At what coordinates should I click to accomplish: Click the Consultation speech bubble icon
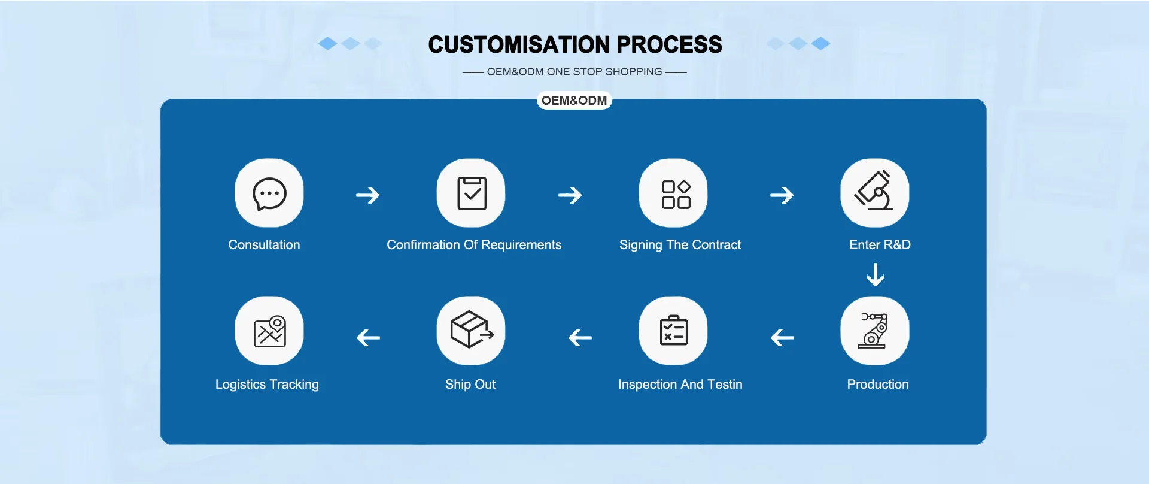(x=269, y=193)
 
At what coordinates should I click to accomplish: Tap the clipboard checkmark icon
(x=472, y=193)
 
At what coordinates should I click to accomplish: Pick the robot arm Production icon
(x=875, y=331)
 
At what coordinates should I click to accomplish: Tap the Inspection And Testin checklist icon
(x=674, y=331)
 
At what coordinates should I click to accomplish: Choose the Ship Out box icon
(x=472, y=331)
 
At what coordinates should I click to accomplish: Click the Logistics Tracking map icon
(x=269, y=331)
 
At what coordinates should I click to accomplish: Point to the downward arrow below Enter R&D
(x=876, y=275)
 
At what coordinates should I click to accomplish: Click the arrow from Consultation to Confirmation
(x=368, y=195)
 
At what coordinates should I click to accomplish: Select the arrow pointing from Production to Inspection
(x=782, y=338)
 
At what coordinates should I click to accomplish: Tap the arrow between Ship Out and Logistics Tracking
(x=368, y=338)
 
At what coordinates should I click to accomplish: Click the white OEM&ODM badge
(x=574, y=101)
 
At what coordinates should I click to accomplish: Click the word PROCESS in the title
(x=669, y=45)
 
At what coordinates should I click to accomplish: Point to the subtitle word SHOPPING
(x=633, y=72)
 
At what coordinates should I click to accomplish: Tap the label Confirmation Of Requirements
(x=474, y=245)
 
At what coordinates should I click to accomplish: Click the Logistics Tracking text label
(x=267, y=385)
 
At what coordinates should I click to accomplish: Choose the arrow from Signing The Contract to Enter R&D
(x=782, y=195)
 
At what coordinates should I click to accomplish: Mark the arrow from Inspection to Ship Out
(x=580, y=338)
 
